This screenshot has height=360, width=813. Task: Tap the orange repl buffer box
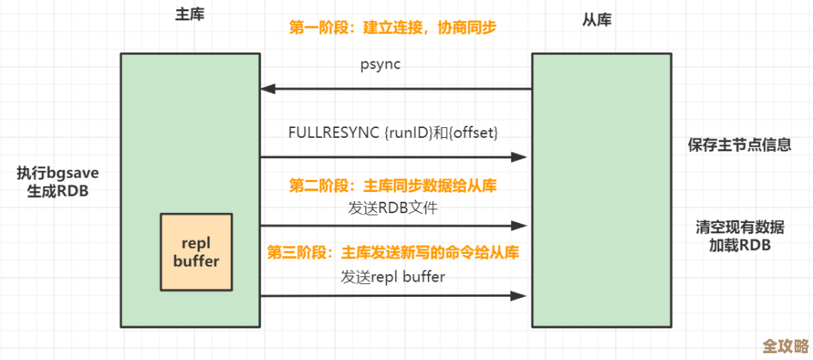point(196,252)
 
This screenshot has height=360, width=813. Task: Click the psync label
point(380,64)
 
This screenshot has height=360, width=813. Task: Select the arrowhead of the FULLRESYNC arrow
point(519,157)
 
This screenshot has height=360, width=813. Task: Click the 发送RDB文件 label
point(393,209)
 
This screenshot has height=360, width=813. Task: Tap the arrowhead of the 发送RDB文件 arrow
point(519,225)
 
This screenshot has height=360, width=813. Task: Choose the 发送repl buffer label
point(393,276)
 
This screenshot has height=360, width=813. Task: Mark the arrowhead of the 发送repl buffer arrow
point(519,296)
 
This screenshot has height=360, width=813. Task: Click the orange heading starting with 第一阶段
point(393,27)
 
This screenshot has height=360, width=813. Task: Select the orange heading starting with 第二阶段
point(393,185)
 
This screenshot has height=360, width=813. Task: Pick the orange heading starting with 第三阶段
point(393,252)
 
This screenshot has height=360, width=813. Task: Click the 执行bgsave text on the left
point(58,173)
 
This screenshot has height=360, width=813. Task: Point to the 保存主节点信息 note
point(739,145)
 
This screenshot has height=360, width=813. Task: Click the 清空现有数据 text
point(739,227)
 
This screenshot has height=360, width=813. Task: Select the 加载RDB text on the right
point(739,246)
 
